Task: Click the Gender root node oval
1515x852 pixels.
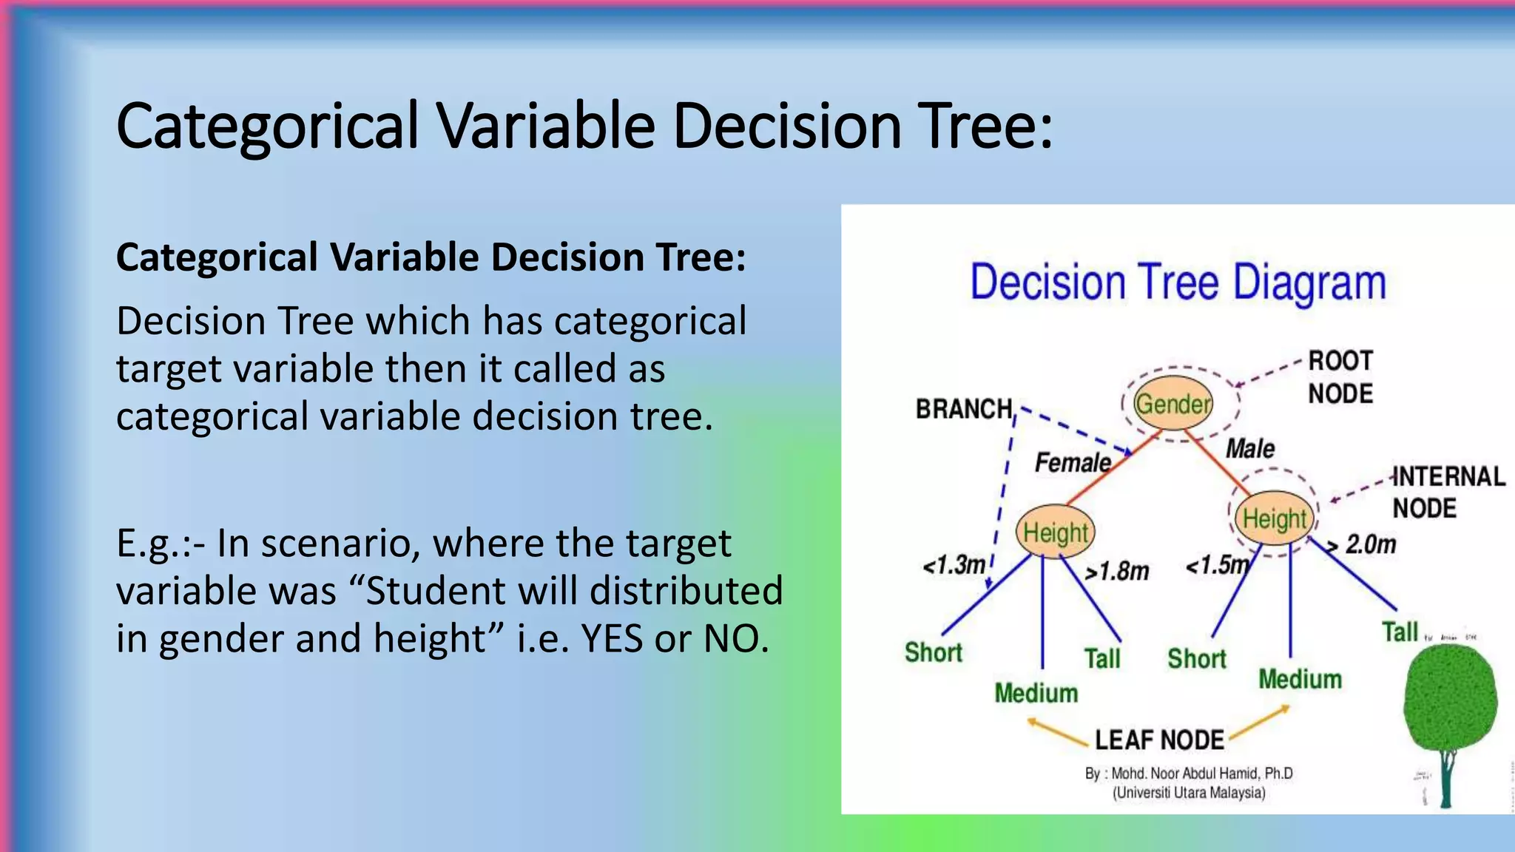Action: (1173, 404)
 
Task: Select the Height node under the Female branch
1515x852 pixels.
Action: (1056, 532)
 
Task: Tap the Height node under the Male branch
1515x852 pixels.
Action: (1274, 518)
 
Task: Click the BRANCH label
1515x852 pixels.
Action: (964, 409)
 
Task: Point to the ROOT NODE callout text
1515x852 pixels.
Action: (1340, 377)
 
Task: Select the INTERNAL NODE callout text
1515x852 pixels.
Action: (1448, 492)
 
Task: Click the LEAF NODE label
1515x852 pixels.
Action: (1159, 740)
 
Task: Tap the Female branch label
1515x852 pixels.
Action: (1072, 463)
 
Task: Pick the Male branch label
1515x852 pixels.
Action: (1250, 448)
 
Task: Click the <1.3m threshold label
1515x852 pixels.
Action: (954, 566)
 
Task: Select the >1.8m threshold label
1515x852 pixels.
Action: (1117, 572)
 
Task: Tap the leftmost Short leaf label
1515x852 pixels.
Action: (933, 652)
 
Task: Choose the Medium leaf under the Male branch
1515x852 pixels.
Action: (1300, 679)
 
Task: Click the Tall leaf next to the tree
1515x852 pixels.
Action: (1400, 632)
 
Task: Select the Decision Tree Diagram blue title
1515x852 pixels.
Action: (1178, 283)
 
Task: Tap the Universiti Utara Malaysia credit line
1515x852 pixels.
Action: (1189, 793)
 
